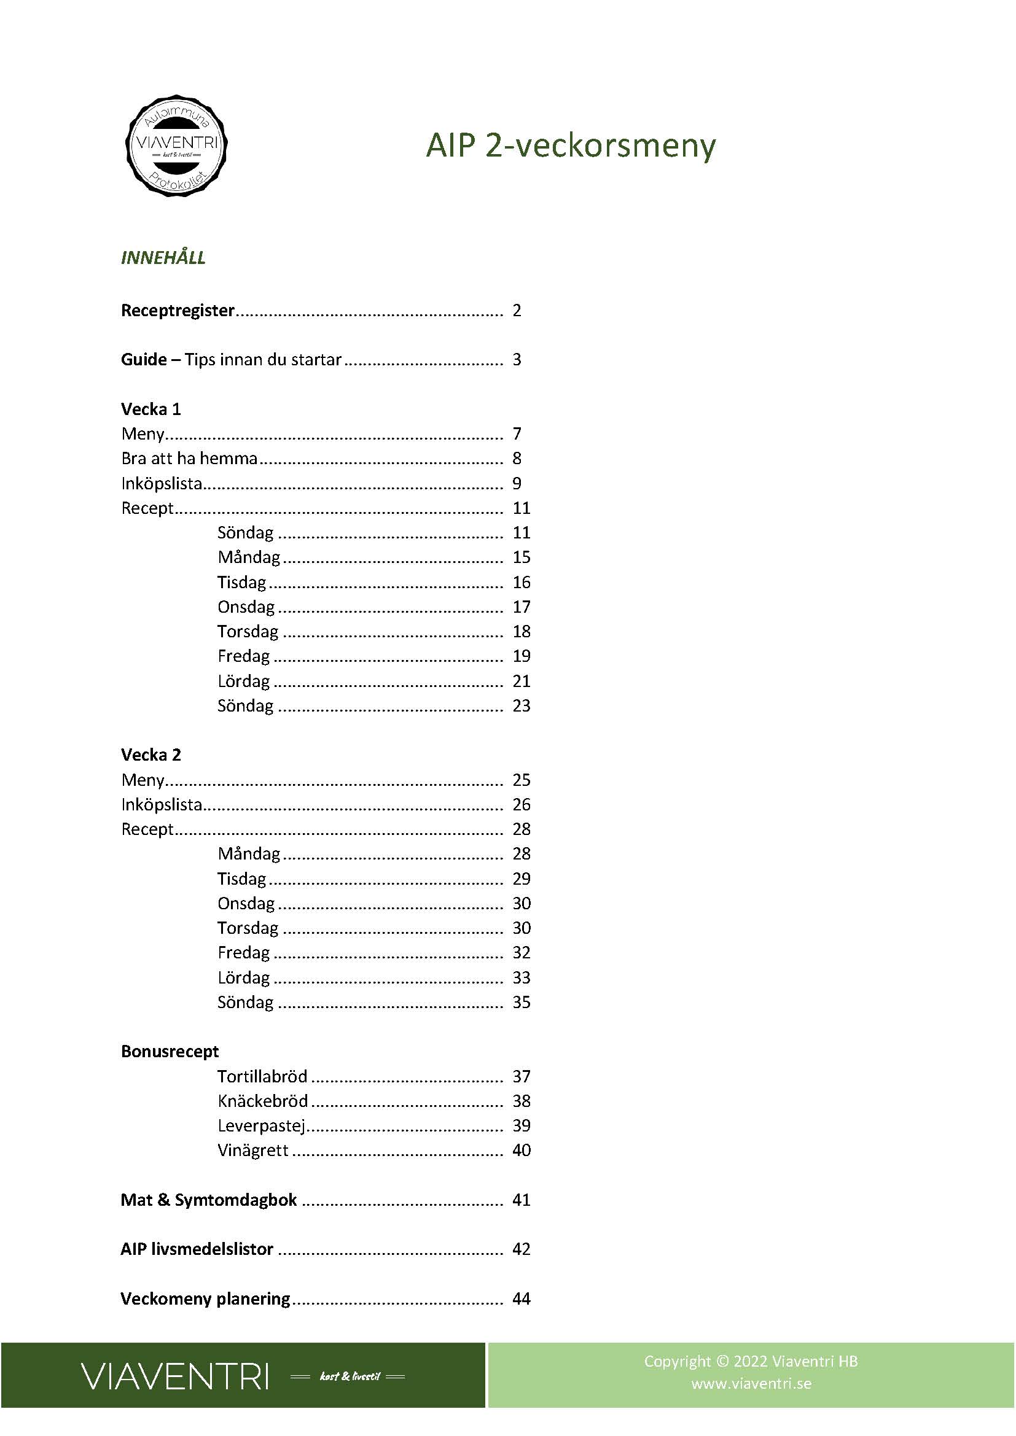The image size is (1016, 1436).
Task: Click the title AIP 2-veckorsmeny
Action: point(571,146)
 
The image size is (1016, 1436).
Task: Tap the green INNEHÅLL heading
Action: point(163,258)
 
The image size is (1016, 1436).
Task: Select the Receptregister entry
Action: point(178,310)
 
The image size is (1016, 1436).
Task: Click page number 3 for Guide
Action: point(517,360)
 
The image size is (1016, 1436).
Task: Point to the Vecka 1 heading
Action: point(150,409)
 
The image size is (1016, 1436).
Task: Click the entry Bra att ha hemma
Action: point(190,459)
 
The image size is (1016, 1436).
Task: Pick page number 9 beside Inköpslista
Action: point(517,483)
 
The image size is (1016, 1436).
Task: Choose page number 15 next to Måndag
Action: point(521,557)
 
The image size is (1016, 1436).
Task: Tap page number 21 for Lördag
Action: point(521,681)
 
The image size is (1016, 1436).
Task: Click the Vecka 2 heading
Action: point(150,755)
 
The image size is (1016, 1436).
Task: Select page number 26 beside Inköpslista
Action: point(521,804)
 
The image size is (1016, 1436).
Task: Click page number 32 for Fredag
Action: point(521,953)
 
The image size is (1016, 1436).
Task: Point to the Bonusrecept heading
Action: point(170,1051)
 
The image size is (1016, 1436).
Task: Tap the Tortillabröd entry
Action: point(262,1076)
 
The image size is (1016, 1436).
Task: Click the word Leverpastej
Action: point(262,1126)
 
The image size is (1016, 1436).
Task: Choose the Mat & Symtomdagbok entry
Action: point(208,1200)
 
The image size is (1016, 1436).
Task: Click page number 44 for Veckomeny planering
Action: point(521,1299)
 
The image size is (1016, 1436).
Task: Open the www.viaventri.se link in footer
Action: point(751,1383)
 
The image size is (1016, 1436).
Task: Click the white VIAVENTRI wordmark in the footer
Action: point(175,1376)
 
